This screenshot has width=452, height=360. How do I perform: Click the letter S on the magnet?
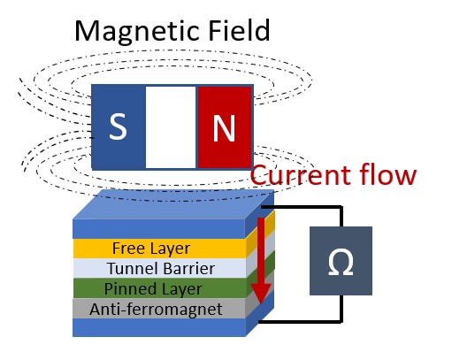point(118,126)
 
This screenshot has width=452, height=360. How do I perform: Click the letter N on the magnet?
point(224,128)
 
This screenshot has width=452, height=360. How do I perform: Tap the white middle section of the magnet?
point(171,127)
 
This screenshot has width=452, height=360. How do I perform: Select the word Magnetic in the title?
point(139,31)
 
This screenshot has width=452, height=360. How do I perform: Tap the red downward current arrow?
point(261,261)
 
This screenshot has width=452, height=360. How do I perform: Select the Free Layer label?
point(151,249)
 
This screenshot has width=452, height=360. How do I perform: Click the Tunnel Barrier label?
point(161,268)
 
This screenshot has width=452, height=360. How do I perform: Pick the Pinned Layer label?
point(153,288)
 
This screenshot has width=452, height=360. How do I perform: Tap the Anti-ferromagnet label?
point(156,309)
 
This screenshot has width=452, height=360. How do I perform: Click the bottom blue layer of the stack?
point(159,327)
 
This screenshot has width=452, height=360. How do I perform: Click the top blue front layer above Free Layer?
point(159,229)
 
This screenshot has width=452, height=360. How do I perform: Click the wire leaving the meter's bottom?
point(341,308)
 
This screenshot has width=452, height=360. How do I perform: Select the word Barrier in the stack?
point(188,268)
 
